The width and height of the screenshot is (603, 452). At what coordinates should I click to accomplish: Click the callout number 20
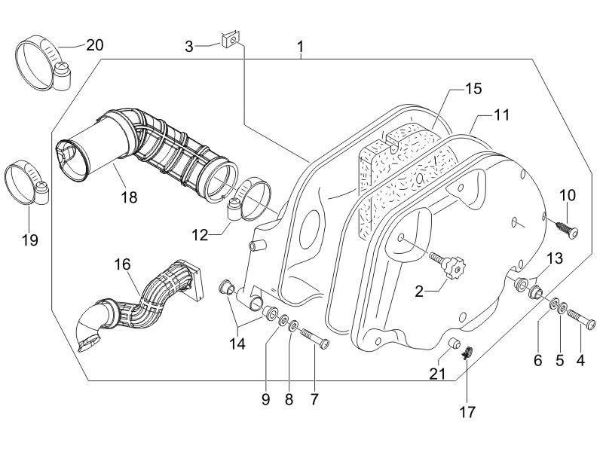pos(94,44)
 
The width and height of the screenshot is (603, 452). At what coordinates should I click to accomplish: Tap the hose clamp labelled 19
pos(26,184)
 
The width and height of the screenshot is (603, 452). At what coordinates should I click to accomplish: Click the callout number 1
pos(300,48)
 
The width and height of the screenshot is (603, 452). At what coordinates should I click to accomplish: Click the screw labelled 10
pos(566,229)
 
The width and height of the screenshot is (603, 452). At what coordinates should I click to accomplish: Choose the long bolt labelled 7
pos(316,341)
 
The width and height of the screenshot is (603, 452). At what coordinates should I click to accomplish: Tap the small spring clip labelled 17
pos(467,351)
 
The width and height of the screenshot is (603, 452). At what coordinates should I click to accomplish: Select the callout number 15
pos(473,89)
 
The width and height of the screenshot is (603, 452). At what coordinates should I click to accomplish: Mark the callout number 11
pos(502,115)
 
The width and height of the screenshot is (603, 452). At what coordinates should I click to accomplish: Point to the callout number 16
pos(122,264)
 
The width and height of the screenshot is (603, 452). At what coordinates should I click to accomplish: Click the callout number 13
pos(554,258)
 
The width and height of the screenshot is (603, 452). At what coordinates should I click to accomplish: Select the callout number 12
pos(199,234)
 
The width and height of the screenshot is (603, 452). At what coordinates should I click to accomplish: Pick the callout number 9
pos(265,399)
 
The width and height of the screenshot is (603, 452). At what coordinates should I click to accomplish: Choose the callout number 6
pos(538,361)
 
